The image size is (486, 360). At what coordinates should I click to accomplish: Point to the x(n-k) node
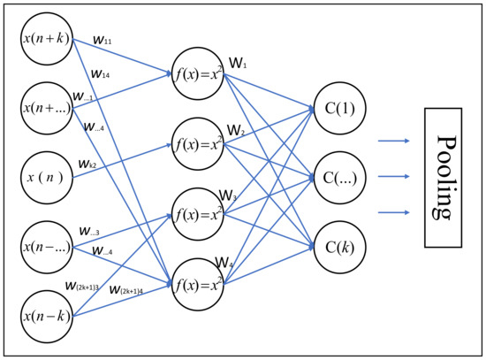point(49,313)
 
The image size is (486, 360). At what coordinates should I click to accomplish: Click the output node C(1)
point(339,109)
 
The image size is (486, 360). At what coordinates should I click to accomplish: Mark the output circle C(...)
point(339,176)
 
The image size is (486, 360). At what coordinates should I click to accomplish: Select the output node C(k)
point(339,243)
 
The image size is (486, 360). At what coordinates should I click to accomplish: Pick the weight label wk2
point(89,164)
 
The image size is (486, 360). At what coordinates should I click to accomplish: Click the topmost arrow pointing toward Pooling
point(394,140)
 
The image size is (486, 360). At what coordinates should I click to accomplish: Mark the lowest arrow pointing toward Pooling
point(394,212)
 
